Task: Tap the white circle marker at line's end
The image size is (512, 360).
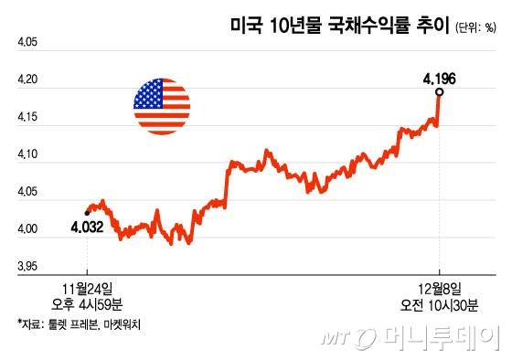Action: tap(440, 92)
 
